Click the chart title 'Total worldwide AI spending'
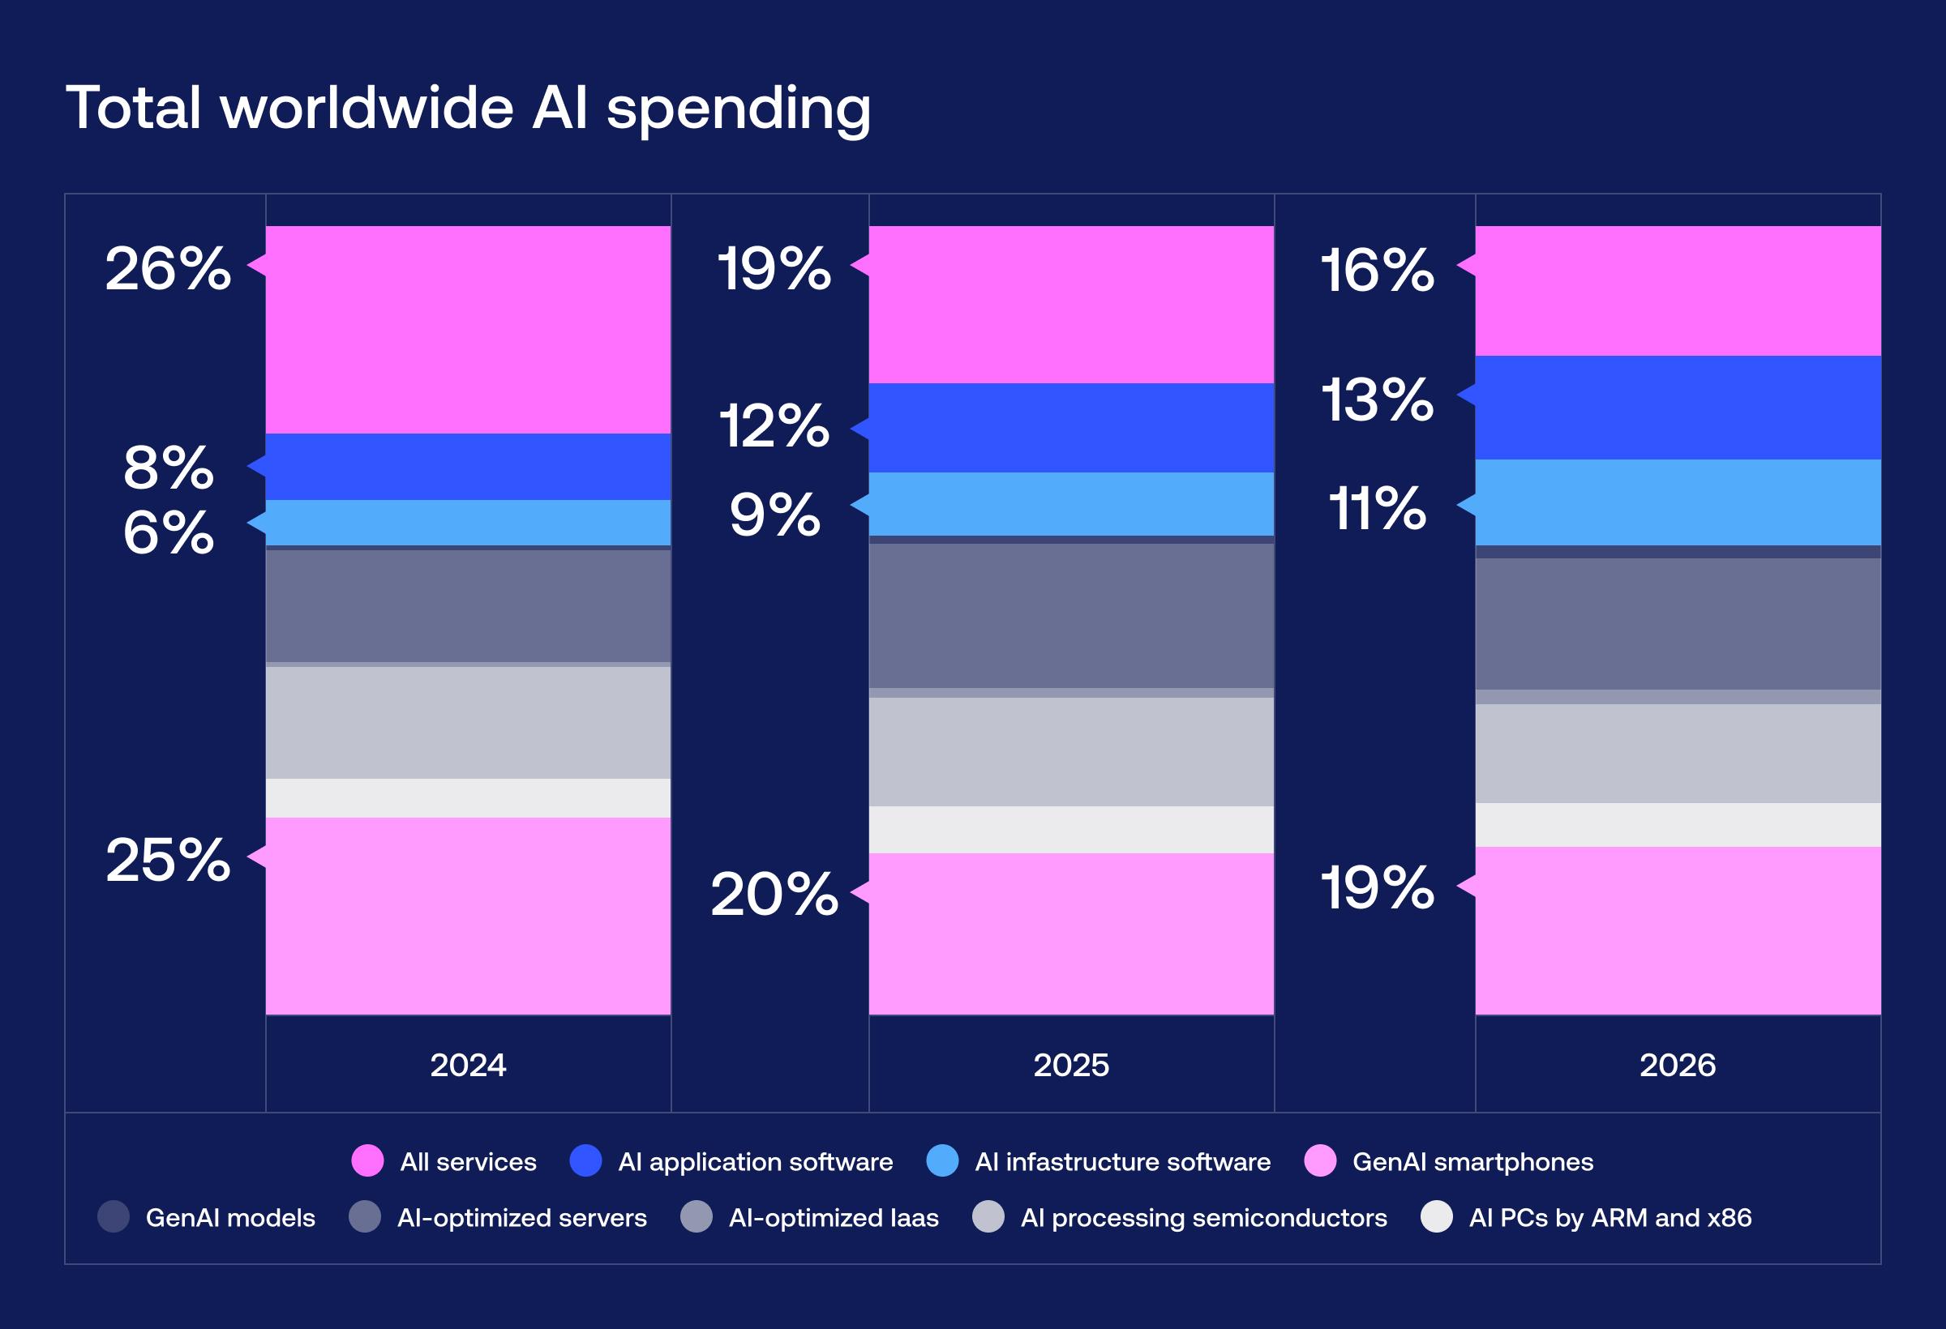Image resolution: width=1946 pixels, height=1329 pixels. [x=468, y=109]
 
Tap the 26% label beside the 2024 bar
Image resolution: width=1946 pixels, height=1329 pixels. [x=168, y=269]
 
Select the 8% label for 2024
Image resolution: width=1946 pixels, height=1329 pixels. [x=169, y=467]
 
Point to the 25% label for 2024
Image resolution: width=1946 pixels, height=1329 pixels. [x=168, y=860]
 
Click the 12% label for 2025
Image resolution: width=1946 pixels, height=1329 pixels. [x=774, y=425]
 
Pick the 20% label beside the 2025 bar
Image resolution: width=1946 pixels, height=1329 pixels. [x=774, y=894]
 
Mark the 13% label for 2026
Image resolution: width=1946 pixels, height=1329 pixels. [x=1378, y=400]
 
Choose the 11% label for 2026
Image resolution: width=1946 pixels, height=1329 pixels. [x=1378, y=508]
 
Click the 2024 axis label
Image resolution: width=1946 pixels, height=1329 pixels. [x=468, y=1066]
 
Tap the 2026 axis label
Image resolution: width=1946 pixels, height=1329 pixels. [x=1678, y=1066]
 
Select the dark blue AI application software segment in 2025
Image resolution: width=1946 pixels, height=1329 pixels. [x=1071, y=428]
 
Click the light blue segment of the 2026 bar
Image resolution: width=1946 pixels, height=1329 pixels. [x=1678, y=502]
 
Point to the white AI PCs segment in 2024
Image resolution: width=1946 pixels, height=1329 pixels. [x=468, y=798]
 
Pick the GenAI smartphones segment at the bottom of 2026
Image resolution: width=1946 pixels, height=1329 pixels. [x=1678, y=930]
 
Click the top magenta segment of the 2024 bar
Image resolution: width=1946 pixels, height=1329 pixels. [x=468, y=329]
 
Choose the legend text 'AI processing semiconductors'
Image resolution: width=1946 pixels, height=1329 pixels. [x=1203, y=1218]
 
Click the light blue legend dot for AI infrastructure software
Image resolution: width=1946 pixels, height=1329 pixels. [x=943, y=1160]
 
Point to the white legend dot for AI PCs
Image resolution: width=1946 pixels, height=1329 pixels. [x=1437, y=1217]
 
